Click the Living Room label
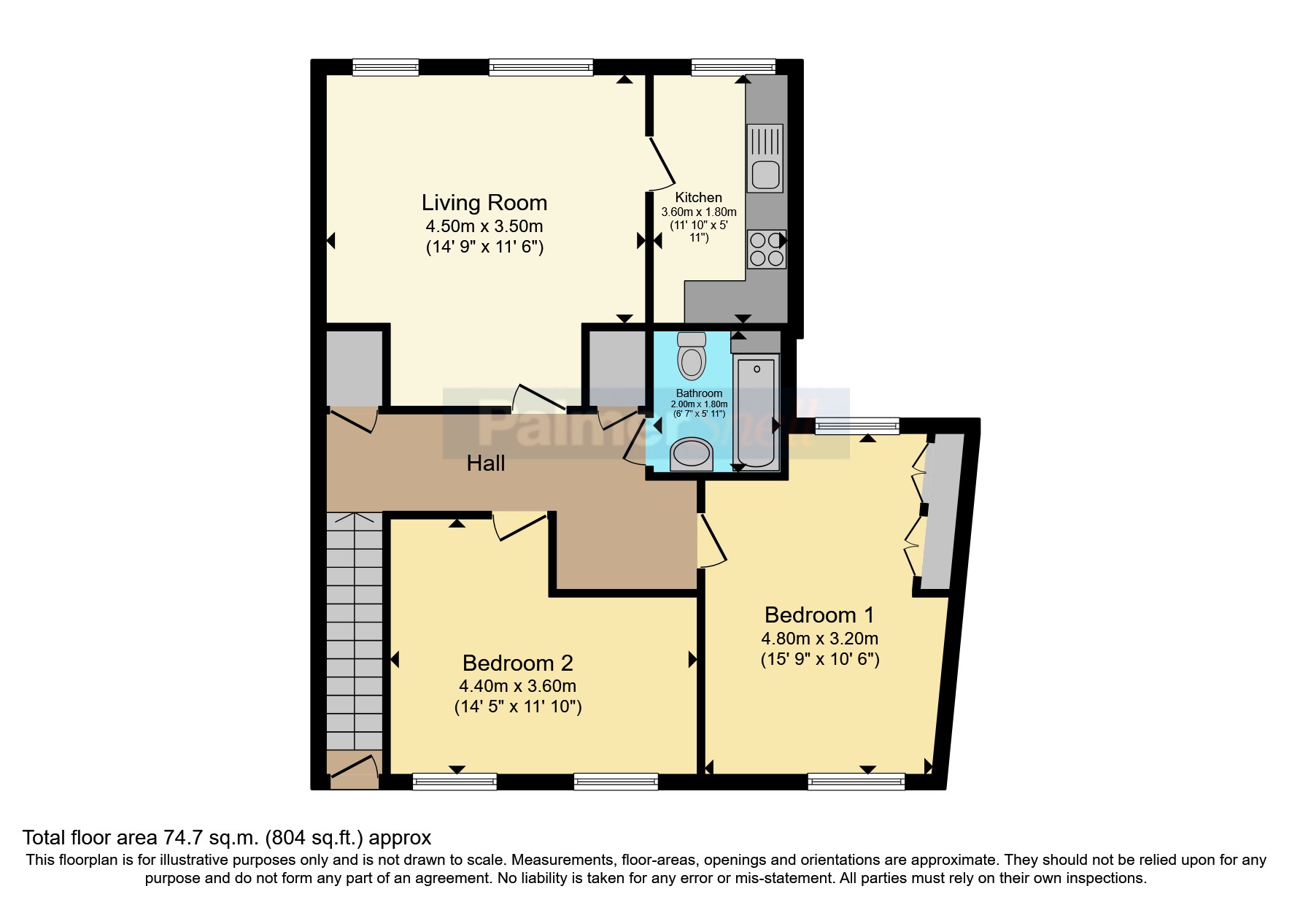(x=484, y=202)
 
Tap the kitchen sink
(x=765, y=158)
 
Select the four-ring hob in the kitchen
(x=766, y=249)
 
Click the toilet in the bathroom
(x=691, y=356)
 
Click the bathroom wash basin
(x=691, y=454)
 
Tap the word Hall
(x=486, y=463)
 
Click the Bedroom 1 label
(x=819, y=615)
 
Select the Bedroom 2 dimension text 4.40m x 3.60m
(x=517, y=686)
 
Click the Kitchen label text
(x=698, y=197)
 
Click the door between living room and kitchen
(x=661, y=163)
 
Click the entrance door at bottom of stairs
(x=354, y=770)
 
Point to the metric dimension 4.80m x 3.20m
(x=819, y=639)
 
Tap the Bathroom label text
(x=699, y=393)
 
